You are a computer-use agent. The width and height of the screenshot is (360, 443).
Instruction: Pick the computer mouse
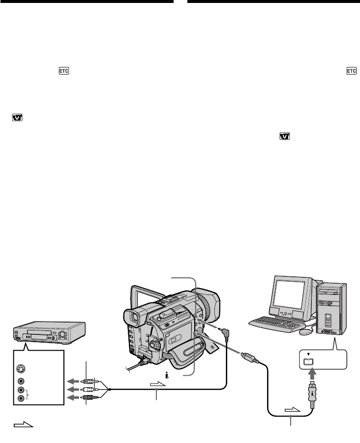click(305, 331)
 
